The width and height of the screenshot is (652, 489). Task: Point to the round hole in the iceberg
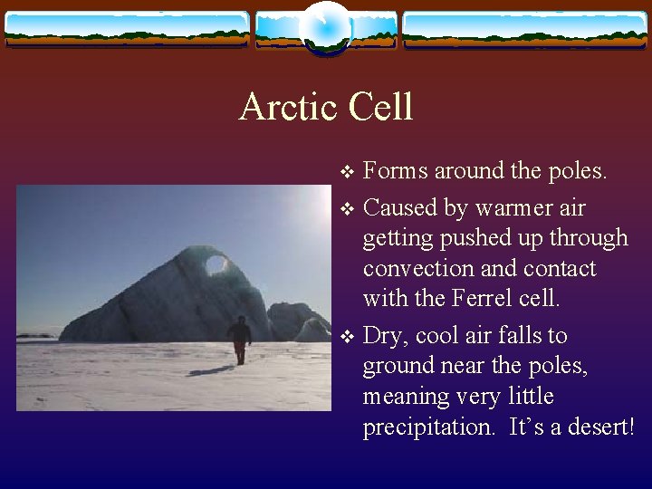point(216,264)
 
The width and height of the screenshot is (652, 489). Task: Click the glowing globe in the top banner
point(326,29)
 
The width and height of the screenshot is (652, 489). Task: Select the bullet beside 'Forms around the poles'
point(347,171)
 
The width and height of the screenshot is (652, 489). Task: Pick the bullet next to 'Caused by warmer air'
point(347,208)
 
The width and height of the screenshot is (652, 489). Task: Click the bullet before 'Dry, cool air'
point(347,336)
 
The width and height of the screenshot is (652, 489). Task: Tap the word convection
point(418,269)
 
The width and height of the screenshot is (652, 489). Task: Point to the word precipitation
point(428,427)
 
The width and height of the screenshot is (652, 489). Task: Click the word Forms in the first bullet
point(395,170)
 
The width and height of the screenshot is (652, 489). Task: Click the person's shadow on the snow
point(211,370)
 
